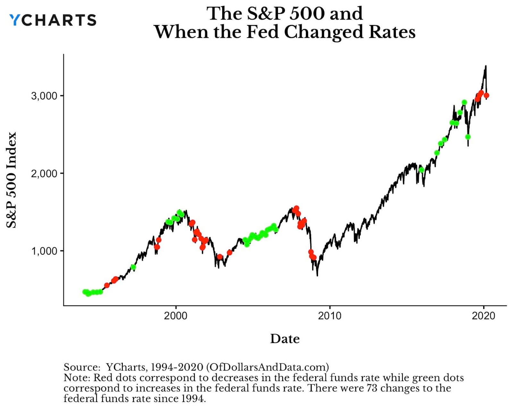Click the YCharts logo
pos(53,20)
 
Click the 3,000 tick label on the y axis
pos(44,96)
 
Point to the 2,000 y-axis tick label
pos(44,173)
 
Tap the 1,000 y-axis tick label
pos(44,251)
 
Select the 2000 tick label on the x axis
pos(175,316)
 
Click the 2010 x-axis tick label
pos(330,316)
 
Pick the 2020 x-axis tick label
pos(484,316)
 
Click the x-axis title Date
pos(285,339)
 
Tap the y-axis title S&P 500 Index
pos(12,180)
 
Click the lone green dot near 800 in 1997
pos(133,267)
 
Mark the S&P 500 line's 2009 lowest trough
pos(317,275)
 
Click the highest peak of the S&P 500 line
pos(486,66)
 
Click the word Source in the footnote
pos(82,367)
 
